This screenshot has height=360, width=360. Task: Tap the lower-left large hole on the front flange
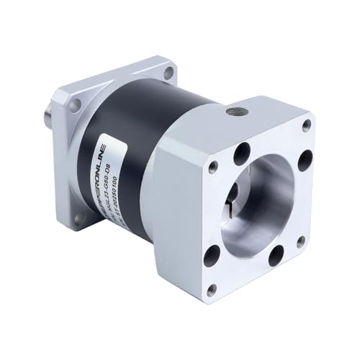coord(212,254)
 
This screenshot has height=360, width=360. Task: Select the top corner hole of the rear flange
coord(168,72)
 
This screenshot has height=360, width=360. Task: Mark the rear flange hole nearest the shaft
coord(73,104)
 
